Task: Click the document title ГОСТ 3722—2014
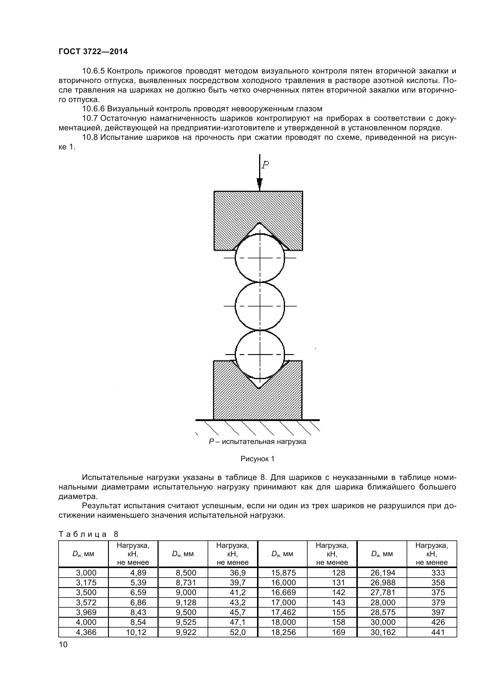pos(93,51)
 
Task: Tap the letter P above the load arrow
pos(265,165)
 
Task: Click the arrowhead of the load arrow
pos(259,183)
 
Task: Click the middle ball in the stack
pos(260,306)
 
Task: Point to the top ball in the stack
pos(260,258)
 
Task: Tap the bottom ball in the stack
pos(260,354)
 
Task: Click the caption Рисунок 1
pos(257,459)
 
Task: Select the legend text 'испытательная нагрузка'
pos(264,442)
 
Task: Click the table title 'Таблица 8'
pos(88,534)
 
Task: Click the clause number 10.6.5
pos(93,71)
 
